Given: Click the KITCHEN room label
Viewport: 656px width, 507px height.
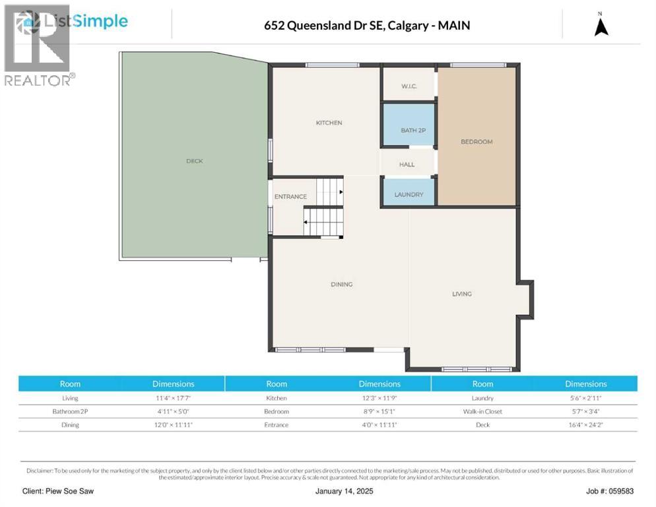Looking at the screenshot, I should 329,123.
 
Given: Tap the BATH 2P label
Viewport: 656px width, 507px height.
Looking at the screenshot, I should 413,130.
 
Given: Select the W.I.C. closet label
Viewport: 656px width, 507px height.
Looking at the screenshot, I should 409,86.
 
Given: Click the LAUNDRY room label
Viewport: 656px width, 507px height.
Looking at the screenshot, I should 409,195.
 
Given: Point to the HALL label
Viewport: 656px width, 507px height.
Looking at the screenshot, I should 407,164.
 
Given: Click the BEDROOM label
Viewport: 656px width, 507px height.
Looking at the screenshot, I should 476,142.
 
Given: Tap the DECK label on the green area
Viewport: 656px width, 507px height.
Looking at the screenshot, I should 194,161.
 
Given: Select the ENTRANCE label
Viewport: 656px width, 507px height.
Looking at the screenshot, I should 290,197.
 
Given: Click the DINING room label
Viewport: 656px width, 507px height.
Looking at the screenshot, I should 341,285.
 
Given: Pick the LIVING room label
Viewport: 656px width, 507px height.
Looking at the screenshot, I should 462,294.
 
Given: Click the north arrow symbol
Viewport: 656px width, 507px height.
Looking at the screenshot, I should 601,26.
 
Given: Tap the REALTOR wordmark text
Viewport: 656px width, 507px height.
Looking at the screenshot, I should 38,81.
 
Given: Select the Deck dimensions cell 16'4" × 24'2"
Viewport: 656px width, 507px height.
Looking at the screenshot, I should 585,424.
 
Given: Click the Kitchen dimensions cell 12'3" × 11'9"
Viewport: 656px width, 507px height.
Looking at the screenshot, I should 379,398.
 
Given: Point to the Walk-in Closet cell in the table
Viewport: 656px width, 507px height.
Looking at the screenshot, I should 482,411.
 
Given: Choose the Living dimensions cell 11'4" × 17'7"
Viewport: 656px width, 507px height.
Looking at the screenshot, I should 173,398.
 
